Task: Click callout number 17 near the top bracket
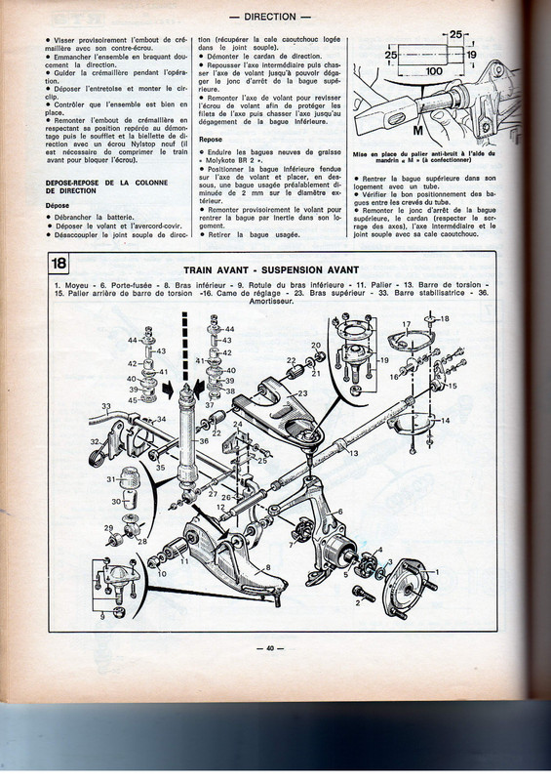[407, 324]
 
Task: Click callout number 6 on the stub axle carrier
[338, 511]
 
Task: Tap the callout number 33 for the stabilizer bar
[106, 405]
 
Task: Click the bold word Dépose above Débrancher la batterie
[60, 206]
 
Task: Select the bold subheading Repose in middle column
[210, 140]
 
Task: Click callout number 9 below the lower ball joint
[101, 616]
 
